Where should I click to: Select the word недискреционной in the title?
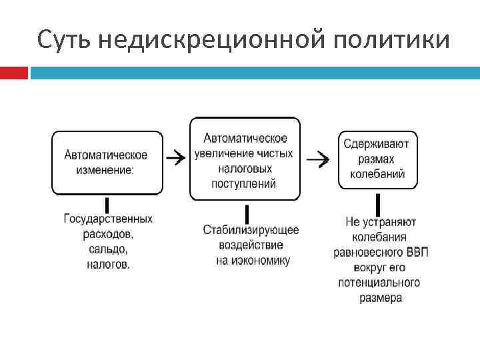[206, 40]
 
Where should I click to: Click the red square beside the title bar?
[13, 73]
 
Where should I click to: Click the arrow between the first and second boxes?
[175, 158]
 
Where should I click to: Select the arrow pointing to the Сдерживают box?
[321, 159]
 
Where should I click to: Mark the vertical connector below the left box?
[106, 204]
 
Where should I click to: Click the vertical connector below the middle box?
[247, 213]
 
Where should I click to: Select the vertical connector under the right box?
[377, 204]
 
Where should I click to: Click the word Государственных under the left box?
[108, 219]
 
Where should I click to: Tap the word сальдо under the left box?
[108, 249]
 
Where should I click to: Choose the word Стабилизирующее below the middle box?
[251, 230]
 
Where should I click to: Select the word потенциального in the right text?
[379, 283]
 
